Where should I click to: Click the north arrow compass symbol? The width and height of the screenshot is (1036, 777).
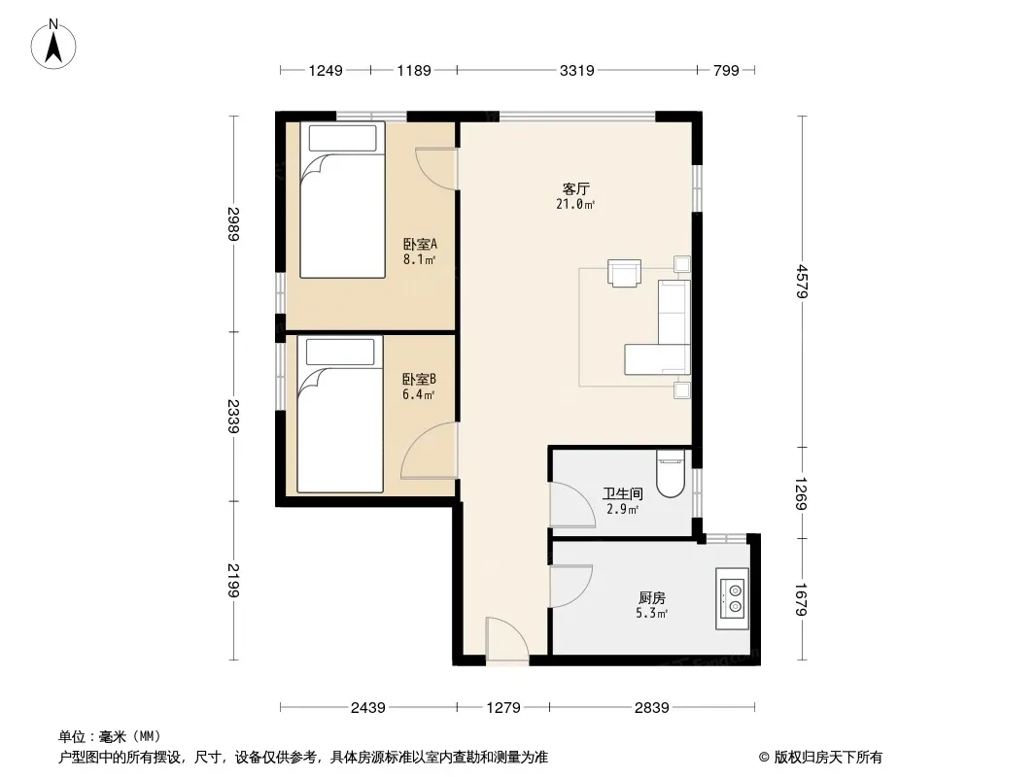[53, 45]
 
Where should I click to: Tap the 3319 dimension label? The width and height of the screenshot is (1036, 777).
[577, 70]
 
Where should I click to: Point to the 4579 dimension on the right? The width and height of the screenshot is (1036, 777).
[802, 282]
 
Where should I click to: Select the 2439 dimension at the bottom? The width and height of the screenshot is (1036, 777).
[368, 708]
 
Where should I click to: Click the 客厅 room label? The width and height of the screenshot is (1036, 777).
[575, 188]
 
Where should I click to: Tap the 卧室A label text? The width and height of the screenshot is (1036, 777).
[420, 244]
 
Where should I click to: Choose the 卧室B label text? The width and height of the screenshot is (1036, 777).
[420, 380]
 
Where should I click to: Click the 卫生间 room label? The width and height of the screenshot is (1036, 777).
[622, 493]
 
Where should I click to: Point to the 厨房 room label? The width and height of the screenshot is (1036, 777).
[651, 598]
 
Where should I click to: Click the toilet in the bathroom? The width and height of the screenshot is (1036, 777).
[671, 473]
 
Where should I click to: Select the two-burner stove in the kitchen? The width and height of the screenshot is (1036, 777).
[733, 598]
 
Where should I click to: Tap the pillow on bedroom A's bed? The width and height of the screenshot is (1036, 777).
[342, 139]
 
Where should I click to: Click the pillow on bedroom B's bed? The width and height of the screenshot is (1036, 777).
[340, 352]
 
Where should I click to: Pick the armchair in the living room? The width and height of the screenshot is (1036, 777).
[624, 273]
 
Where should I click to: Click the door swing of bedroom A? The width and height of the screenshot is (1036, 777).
[436, 169]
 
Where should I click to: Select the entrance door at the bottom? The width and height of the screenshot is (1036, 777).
[506, 639]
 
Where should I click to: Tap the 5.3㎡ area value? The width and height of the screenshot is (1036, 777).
[651, 613]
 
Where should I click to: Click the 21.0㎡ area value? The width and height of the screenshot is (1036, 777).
[575, 204]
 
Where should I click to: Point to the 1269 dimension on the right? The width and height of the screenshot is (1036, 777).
[802, 493]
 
